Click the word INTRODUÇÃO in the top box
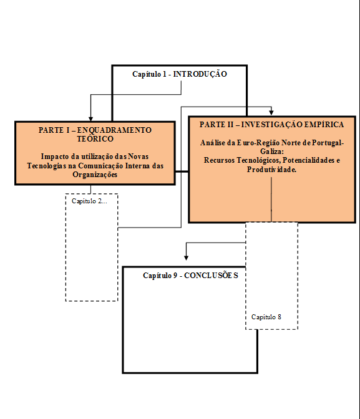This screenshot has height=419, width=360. pyautogui.click(x=200, y=74)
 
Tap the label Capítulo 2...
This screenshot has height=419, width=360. pyautogui.click(x=89, y=201)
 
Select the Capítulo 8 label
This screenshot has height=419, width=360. pyautogui.click(x=266, y=317)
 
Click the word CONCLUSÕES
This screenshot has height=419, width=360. pyautogui.click(x=212, y=275)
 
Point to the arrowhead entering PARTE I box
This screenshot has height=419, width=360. pyautogui.click(x=90, y=119)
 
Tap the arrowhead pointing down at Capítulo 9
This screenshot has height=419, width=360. pyautogui.click(x=186, y=258)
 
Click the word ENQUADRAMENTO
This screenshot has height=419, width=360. pyautogui.click(x=114, y=130)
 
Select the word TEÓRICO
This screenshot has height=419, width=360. pyautogui.click(x=95, y=138)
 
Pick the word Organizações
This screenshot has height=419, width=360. pyautogui.click(x=95, y=175)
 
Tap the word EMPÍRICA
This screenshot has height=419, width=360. pyautogui.click(x=324, y=125)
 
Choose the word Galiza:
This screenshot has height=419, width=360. pyautogui.click(x=272, y=152)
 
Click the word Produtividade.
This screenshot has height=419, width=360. pyautogui.click(x=272, y=170)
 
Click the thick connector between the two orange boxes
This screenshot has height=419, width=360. pyautogui.click(x=182, y=171)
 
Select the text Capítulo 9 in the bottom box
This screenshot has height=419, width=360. pyautogui.click(x=160, y=275)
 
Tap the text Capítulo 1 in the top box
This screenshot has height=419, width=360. pyautogui.click(x=149, y=74)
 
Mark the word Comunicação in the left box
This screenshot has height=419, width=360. pyautogui.click(x=100, y=166)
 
